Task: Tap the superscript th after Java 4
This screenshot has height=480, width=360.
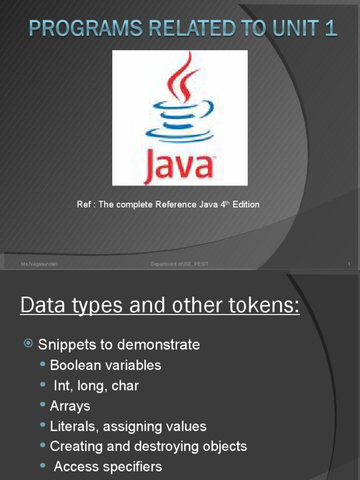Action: pos(229,202)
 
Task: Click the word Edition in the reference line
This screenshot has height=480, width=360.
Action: pos(246,205)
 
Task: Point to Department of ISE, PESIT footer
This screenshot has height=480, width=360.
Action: pos(180,264)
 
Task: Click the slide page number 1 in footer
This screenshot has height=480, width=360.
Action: pos(349,264)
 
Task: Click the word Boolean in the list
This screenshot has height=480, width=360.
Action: pos(77,365)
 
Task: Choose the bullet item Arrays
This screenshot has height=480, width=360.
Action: pos(70,406)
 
